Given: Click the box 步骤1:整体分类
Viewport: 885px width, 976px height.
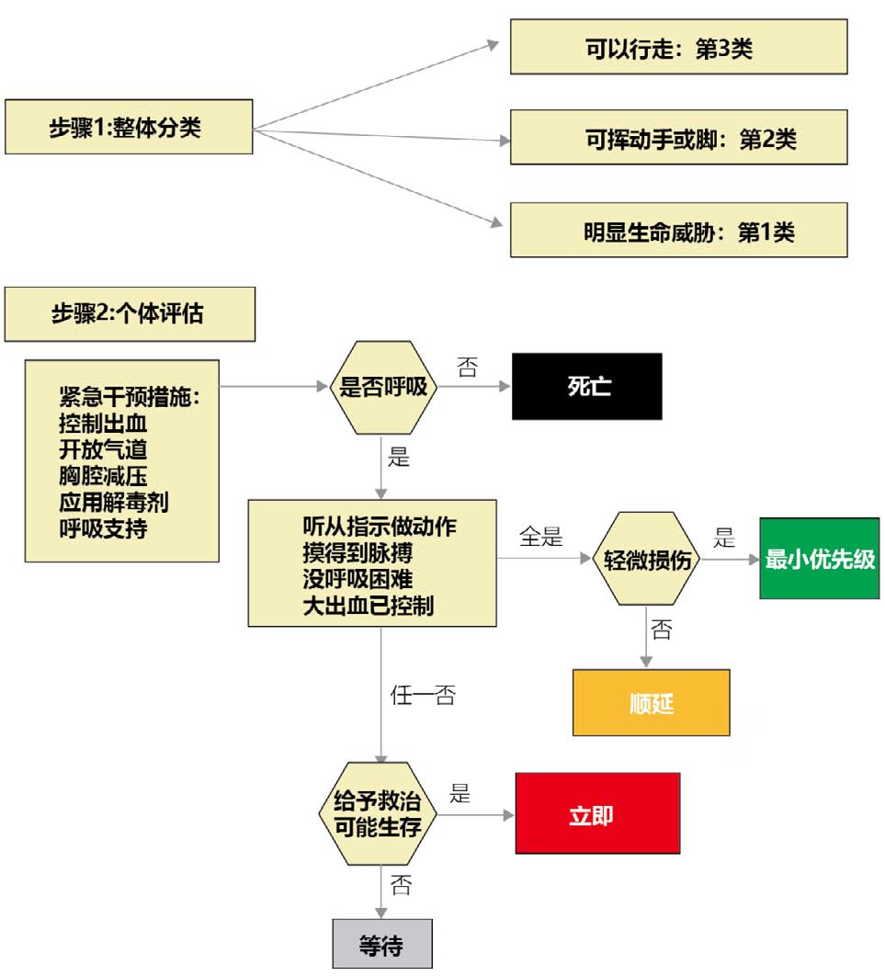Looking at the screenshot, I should click(128, 127).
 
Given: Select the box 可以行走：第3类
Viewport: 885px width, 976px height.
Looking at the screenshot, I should click(678, 49).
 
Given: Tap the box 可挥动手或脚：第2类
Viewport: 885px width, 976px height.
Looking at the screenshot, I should click(678, 139).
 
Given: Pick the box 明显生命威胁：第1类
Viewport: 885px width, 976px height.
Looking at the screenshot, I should click(678, 232).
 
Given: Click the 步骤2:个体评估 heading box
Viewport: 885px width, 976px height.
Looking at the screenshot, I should click(129, 314).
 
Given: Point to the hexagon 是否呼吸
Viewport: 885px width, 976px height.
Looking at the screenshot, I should click(384, 387).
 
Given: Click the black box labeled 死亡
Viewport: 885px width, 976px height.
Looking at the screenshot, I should click(587, 387).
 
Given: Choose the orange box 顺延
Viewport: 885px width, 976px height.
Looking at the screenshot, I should click(651, 703).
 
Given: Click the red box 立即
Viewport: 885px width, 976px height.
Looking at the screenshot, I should click(596, 814).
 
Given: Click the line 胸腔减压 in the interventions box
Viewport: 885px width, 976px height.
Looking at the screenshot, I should click(103, 477).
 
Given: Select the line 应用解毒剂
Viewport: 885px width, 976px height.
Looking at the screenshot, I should click(113, 504).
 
